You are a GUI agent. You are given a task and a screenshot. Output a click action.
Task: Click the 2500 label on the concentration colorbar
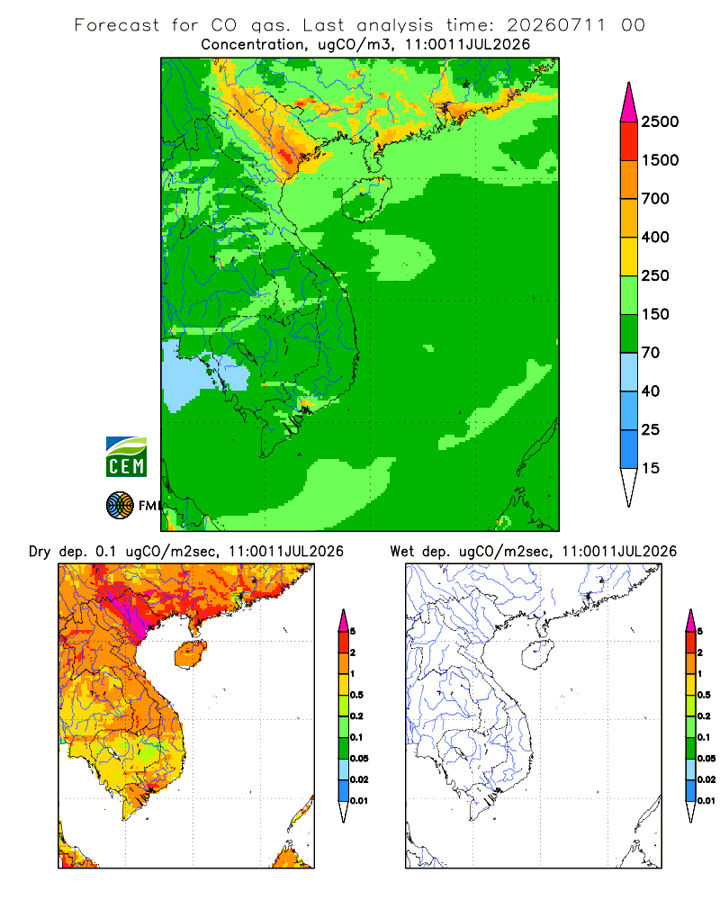(x=660, y=121)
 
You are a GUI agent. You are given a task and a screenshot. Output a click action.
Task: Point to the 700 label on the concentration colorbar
(x=655, y=199)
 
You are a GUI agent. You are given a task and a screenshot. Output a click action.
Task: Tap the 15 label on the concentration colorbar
(x=651, y=468)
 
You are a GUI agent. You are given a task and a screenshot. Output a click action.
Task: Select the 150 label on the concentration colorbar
(x=655, y=314)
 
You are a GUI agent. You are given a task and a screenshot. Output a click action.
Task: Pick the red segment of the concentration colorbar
(x=629, y=141)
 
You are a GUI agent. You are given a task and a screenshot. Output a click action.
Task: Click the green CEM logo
(x=126, y=457)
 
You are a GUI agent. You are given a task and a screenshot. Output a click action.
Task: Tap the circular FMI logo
(x=120, y=506)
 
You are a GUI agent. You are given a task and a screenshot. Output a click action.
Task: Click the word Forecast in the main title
(x=117, y=25)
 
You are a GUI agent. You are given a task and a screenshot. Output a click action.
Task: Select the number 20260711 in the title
(x=556, y=25)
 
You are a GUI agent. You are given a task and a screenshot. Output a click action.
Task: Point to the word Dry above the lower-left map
(x=40, y=552)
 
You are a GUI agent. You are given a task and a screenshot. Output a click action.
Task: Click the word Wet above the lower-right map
(x=401, y=552)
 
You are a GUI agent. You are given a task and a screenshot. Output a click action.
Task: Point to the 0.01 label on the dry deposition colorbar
(x=359, y=801)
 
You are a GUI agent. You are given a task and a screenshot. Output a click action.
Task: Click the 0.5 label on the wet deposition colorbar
(x=704, y=695)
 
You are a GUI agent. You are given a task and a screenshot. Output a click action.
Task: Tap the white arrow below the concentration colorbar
(x=629, y=485)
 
